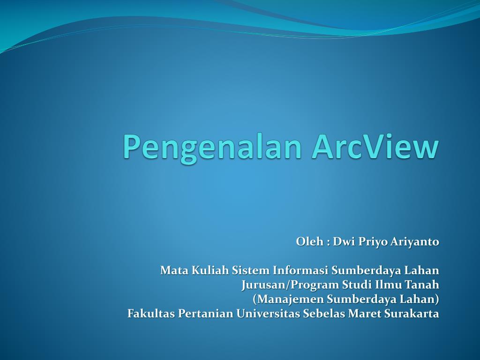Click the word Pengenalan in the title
tap(213, 148)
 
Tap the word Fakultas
tap(151, 314)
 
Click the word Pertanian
tap(206, 314)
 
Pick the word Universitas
tap(268, 314)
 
